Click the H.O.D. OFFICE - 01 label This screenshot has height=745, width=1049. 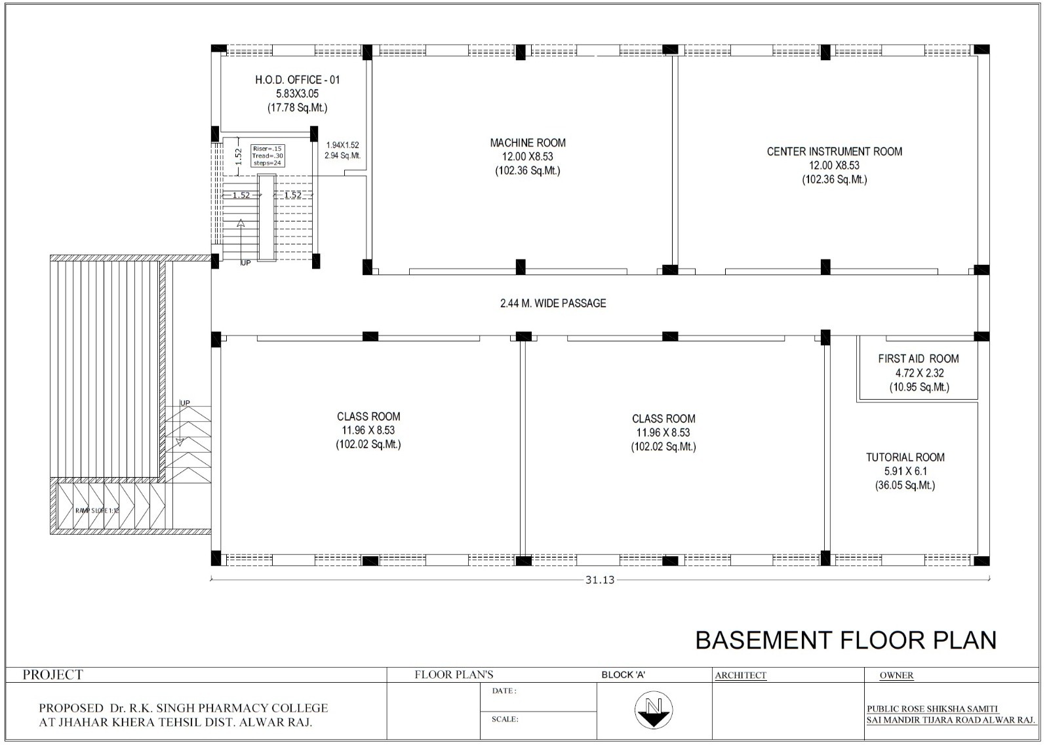click(298, 80)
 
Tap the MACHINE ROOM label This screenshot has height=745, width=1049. click(528, 143)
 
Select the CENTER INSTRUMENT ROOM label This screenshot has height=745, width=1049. click(835, 151)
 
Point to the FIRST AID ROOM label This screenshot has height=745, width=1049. click(919, 359)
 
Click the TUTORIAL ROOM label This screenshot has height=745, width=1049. click(905, 457)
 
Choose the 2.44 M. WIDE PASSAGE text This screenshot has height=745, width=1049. click(553, 303)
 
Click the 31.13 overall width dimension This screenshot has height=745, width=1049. click(600, 581)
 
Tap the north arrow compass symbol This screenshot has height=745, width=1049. click(654, 710)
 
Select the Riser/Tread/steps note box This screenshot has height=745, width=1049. click(267, 156)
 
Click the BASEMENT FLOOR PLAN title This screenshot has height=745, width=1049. click(846, 640)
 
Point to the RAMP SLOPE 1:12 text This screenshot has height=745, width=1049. click(98, 510)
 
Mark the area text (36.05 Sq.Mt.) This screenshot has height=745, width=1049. click(905, 486)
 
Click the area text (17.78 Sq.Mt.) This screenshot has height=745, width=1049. click(298, 108)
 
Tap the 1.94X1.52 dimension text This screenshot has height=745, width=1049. click(343, 145)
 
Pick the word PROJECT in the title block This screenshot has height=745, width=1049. click(53, 674)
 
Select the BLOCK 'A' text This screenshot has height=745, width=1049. click(623, 674)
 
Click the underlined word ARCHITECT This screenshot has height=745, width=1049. click(741, 676)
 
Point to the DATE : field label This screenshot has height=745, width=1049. click(504, 691)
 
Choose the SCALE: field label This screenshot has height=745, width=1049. click(505, 719)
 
